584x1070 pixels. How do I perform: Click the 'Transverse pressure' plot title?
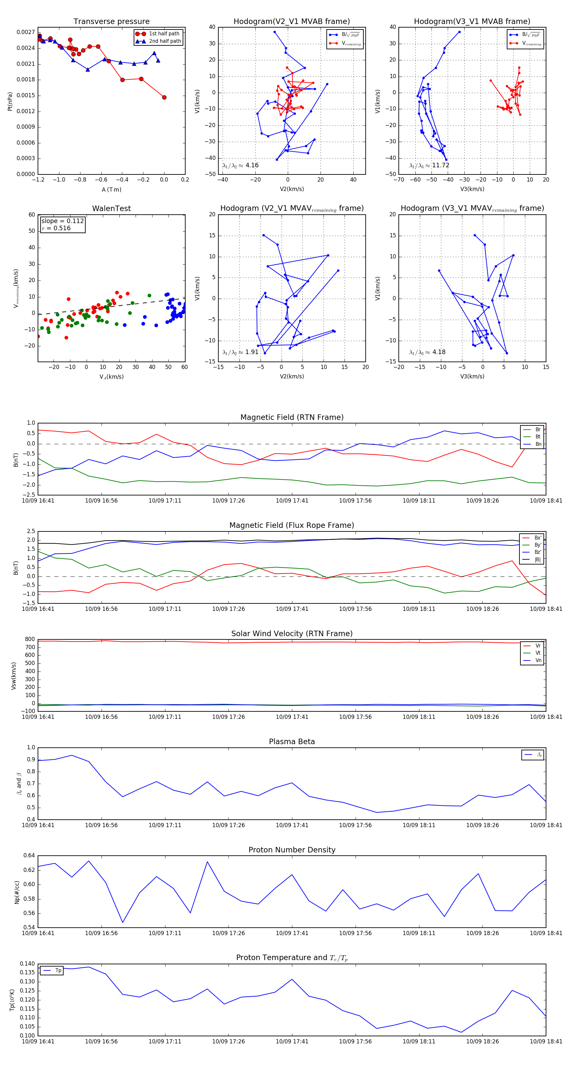pos(111,22)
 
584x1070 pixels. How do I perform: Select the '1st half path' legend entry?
pos(164,34)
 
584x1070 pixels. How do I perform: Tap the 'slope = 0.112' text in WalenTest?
pos(62,221)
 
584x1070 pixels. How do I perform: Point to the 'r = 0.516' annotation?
pos(56,228)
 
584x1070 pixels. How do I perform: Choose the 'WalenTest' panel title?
pos(111,208)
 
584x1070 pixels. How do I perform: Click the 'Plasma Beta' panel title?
pos(292,742)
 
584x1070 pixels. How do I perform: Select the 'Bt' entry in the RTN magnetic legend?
pos(538,436)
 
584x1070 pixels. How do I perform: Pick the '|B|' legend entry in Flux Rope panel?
pos(537,560)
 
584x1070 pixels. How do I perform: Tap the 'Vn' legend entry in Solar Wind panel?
pos(538,660)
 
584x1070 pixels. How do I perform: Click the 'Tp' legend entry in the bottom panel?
pos(58,970)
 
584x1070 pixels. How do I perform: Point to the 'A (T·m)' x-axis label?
pos(111,189)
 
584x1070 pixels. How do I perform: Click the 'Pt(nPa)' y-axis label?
pos(10,101)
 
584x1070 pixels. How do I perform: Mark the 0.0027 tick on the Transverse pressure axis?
pos(25,32)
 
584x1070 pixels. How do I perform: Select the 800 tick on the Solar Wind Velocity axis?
pos(30,639)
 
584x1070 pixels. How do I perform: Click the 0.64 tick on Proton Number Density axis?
pos(29,855)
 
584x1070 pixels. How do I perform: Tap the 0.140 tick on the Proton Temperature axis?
pos(28,964)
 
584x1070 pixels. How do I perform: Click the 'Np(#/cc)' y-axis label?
pos(17,892)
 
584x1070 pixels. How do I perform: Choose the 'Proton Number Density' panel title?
pos(292,850)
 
